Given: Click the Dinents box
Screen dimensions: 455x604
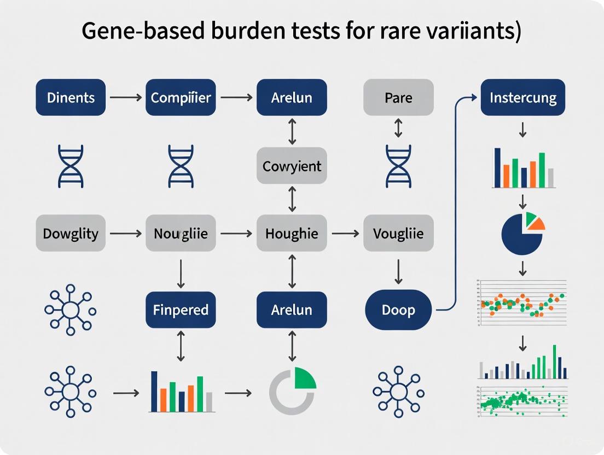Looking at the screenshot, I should (71, 98).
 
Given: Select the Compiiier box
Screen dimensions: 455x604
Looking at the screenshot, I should (181, 98).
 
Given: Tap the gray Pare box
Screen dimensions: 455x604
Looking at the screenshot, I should (398, 98).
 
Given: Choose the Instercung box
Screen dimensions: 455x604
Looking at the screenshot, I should (522, 98).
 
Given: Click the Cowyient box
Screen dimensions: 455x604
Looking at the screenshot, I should (292, 166).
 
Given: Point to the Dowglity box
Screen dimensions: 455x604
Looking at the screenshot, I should (71, 234).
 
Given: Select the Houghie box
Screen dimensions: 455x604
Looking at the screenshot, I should (292, 234).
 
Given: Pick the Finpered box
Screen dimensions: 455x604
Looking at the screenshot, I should (181, 310).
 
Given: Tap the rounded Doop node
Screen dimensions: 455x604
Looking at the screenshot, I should (398, 310).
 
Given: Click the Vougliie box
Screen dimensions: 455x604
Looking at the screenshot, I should (398, 234).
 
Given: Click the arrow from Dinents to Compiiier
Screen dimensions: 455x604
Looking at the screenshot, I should (125, 98).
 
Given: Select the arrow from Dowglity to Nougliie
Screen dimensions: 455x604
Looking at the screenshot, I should (125, 234).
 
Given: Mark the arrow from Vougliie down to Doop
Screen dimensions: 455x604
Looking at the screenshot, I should (398, 270).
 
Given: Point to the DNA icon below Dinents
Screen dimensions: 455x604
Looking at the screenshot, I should (71, 166).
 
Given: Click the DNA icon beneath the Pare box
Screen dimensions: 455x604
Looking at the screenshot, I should (398, 166).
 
